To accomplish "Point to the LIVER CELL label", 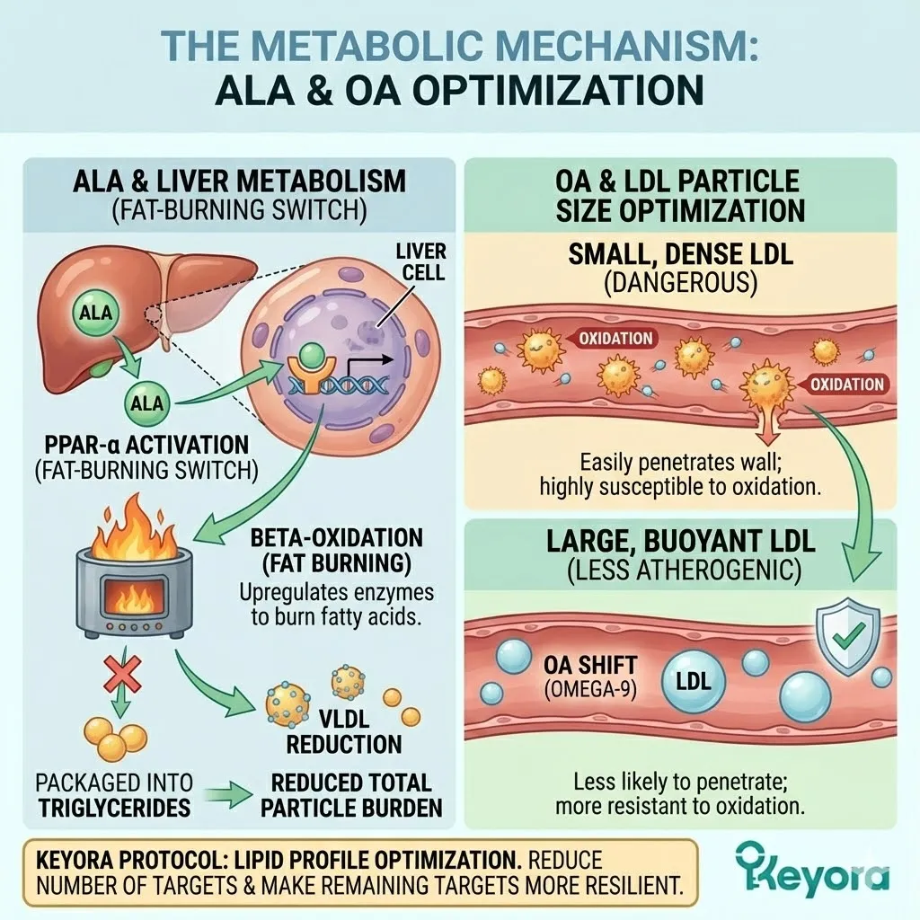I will tap(420, 260).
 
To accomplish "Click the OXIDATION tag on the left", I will tap(615, 338).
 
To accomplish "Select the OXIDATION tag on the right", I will tap(846, 384).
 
